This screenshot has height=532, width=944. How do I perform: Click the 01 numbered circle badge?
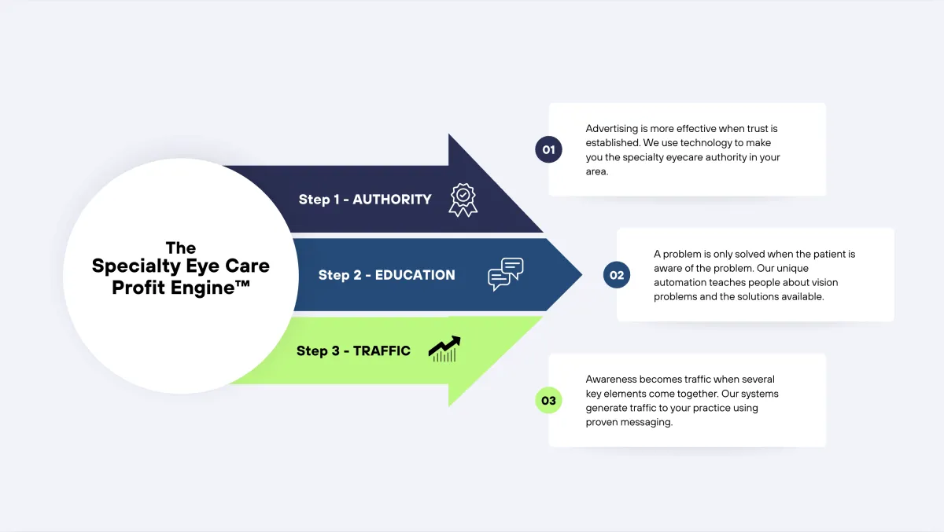coord(548,149)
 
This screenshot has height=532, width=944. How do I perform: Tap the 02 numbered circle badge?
coord(617,275)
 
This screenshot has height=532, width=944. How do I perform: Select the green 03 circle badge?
coord(548,401)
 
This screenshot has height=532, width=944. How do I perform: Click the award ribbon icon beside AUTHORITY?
coord(463,200)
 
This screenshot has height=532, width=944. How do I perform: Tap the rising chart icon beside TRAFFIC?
coord(444,350)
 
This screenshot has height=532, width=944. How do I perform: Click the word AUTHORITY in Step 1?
coord(392,200)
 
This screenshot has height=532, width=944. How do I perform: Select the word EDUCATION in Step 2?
coord(415,275)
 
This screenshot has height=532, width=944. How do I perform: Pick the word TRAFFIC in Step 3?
coord(382,350)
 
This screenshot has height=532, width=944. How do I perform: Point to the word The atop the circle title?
coord(180,247)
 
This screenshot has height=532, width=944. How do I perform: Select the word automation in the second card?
coord(680,283)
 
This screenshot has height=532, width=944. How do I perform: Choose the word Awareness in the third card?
coord(611,380)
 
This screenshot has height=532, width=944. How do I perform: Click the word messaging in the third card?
coord(654,422)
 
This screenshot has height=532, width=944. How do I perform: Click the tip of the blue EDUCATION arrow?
coord(581,275)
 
